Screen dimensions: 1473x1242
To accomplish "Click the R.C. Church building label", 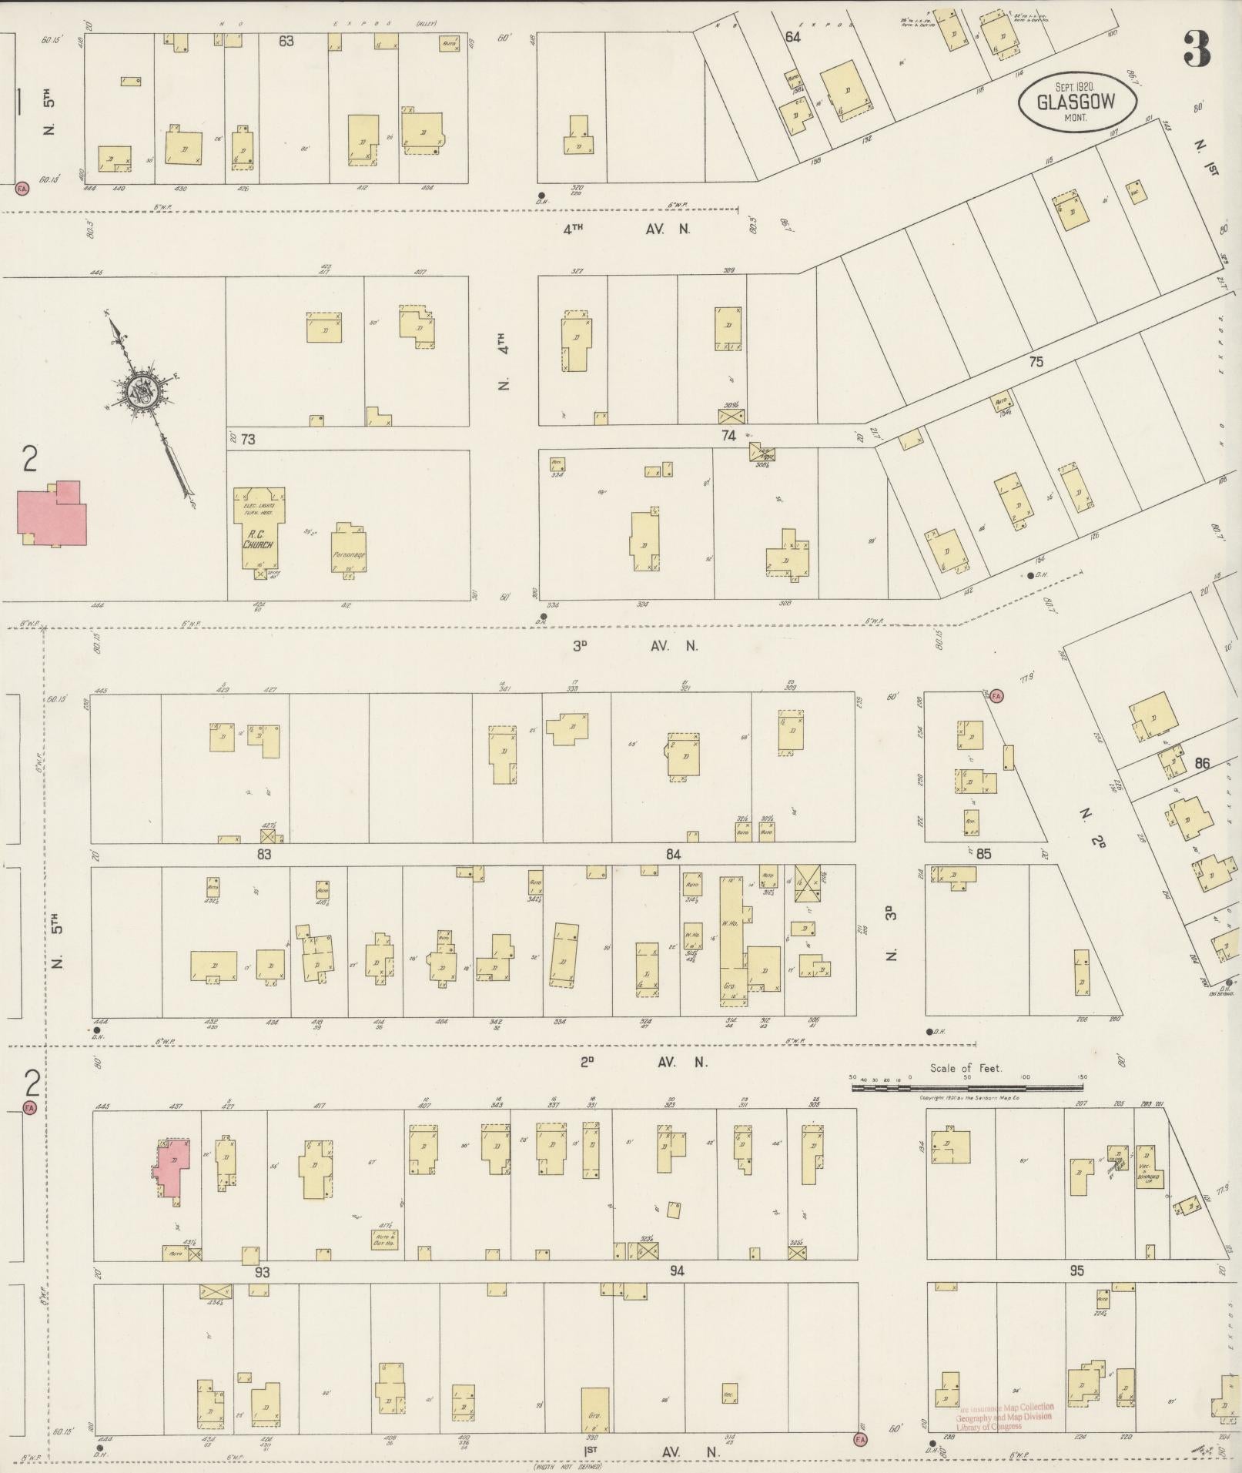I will pyautogui.click(x=258, y=540).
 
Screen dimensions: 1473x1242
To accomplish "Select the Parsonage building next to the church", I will pyautogui.click(x=349, y=549).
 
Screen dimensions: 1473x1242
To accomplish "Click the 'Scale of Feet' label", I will pyautogui.click(x=966, y=1069).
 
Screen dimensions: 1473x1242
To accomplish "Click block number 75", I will pyautogui.click(x=1036, y=361).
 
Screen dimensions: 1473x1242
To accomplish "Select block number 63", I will pyautogui.click(x=286, y=41).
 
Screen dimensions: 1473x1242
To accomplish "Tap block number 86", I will pyautogui.click(x=1202, y=764).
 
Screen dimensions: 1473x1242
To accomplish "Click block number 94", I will pyautogui.click(x=676, y=1271).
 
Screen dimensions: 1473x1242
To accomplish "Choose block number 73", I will pyautogui.click(x=247, y=440).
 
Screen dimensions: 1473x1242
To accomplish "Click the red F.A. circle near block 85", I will pyautogui.click(x=996, y=696).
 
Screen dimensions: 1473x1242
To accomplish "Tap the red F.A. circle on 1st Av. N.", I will pyautogui.click(x=860, y=1438).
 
